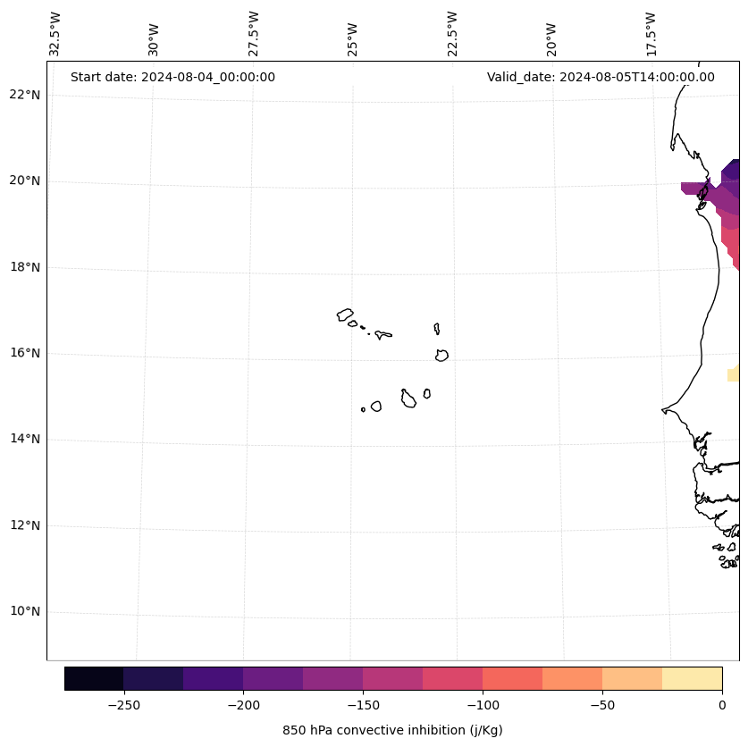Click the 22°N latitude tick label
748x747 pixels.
(x=25, y=95)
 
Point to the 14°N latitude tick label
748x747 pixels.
(x=25, y=439)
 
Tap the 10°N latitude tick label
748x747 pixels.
(x=25, y=611)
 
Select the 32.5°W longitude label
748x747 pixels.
(x=55, y=34)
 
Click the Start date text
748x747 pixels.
(x=172, y=77)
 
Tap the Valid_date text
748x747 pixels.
(x=601, y=77)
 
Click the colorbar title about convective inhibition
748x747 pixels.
(x=392, y=730)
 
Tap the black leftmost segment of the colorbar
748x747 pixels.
(x=94, y=678)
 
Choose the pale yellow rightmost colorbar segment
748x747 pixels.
(x=692, y=678)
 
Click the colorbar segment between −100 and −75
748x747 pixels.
(x=512, y=678)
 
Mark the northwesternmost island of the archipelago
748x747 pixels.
(x=345, y=315)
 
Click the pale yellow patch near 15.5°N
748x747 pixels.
(x=733, y=374)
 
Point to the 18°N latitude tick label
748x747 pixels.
(x=25, y=267)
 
